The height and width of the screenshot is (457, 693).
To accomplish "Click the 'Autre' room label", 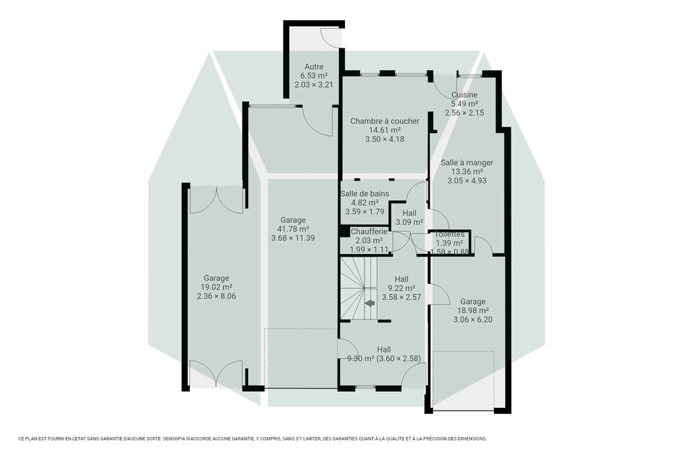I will coord(313,66).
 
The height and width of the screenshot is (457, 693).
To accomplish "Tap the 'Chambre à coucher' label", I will coord(384,121).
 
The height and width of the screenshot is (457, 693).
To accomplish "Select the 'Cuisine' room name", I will coord(464,95).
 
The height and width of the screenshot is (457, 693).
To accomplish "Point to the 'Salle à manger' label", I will coord(466,163).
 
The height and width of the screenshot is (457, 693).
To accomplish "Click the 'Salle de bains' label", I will coord(364,194).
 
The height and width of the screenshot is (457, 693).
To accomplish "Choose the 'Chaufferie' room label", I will coord(368,231).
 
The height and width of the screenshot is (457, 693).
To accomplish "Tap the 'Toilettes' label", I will coord(450,235).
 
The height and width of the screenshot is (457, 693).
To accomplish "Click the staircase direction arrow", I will coord(369,303).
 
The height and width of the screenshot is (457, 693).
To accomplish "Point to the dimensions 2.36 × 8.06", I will coord(216,296).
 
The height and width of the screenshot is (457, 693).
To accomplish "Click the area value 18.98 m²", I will coord(472,311).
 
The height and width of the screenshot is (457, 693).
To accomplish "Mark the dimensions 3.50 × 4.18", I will coord(384,139).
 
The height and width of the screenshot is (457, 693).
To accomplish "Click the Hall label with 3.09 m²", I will coord(409,213).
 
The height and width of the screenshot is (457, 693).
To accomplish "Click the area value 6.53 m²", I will coord(313,75).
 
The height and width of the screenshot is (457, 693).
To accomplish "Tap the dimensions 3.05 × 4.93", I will coord(466,181).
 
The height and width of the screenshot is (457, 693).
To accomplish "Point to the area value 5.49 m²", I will coord(464,104).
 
